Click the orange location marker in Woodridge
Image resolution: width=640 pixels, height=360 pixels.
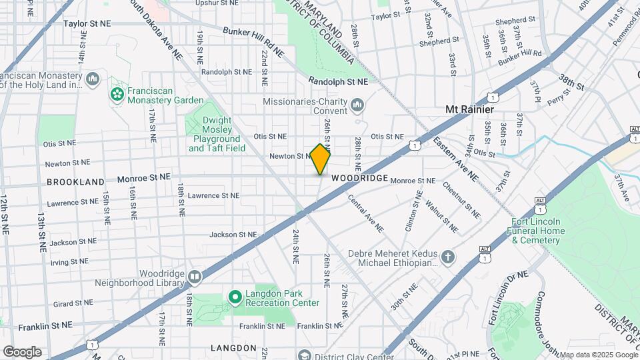321,159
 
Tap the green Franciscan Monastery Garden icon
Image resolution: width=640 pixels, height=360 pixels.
117,94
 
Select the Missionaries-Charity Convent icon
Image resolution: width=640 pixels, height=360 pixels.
358,106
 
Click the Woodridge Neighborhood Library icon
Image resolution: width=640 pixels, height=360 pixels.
195,276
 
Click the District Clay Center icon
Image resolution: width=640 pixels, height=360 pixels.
304,355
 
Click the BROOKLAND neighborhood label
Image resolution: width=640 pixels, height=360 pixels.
75,181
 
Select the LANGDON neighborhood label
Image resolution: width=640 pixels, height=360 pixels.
233,348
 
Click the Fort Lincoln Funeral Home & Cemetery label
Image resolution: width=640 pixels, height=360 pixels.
538,231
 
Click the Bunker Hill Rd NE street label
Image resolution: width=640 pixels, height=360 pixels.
253,41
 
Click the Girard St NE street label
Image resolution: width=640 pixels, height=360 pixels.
72,303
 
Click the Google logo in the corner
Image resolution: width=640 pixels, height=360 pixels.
22,352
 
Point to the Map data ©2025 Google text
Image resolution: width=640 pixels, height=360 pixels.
599,355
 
